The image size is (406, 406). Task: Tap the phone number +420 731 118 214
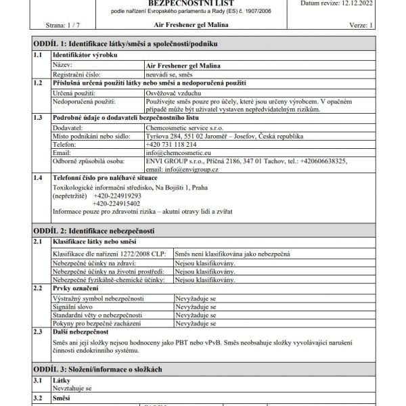(x=171, y=144)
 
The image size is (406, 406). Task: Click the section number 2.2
(x=39, y=288)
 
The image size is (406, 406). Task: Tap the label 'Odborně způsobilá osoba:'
(x=89, y=162)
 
